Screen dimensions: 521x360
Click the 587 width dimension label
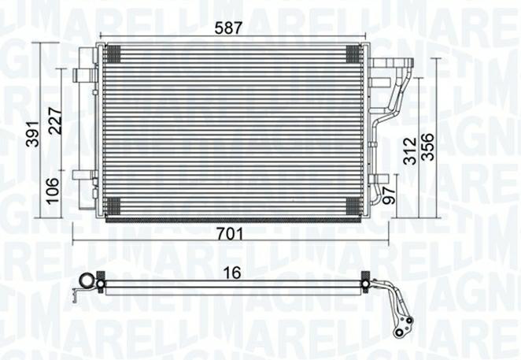(228, 28)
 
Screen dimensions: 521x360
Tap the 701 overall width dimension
(230, 234)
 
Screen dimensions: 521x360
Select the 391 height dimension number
(33, 133)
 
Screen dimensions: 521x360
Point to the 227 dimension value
(55, 121)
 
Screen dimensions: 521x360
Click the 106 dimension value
(53, 191)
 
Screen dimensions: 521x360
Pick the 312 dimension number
(410, 151)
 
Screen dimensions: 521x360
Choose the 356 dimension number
(427, 147)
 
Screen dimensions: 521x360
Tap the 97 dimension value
(389, 195)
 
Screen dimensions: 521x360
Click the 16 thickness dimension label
(231, 273)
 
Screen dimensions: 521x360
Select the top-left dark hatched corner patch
(113, 54)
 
